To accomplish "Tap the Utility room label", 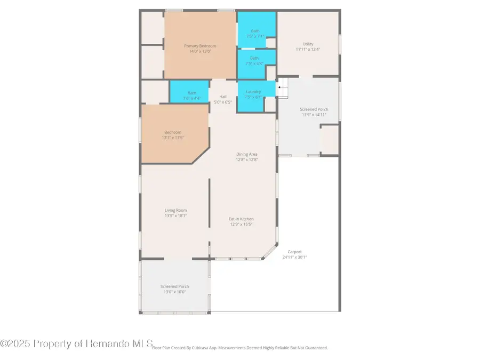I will pos(308,44).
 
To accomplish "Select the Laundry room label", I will pos(253,92).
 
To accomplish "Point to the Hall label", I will pos(223,97).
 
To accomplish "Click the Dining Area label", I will pos(247,154).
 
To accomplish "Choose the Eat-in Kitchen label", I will pos(241,219).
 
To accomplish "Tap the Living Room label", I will pos(175,210).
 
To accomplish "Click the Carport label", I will pos(294,252).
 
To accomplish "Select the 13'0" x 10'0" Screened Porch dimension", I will pos(175,292).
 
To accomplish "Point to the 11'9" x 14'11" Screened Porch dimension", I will pos(314,115).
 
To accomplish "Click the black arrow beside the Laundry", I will pos(280,86).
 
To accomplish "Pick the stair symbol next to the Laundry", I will pos(283,88).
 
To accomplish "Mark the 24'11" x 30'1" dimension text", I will pos(294,257).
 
